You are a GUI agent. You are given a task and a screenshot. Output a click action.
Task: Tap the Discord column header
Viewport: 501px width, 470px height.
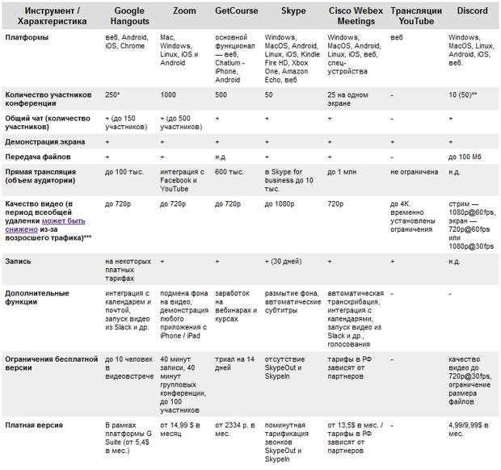tap(471, 10)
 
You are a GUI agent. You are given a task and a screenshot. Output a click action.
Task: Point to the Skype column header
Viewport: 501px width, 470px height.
tap(293, 10)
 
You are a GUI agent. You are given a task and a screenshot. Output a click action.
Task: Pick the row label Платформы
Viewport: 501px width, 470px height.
tap(26, 37)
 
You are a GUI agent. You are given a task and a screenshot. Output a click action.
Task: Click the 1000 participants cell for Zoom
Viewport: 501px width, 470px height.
tap(169, 94)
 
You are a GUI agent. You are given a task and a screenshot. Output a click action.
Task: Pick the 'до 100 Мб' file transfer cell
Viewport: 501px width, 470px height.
tap(465, 156)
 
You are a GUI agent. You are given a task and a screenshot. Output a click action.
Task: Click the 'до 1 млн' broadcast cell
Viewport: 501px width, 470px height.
tap(343, 173)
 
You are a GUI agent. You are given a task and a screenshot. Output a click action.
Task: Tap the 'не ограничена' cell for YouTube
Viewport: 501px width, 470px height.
tap(414, 173)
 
